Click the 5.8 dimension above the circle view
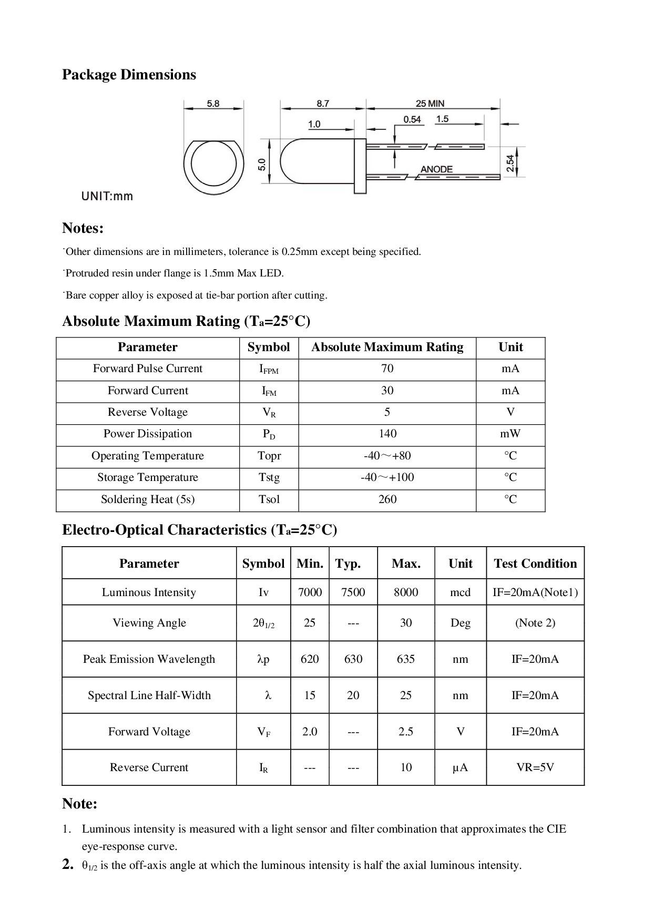(213, 104)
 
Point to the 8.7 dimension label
(323, 104)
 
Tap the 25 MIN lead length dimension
(430, 104)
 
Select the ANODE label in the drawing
(436, 169)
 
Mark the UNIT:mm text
(107, 197)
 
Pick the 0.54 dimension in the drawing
(412, 119)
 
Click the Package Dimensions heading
(129, 75)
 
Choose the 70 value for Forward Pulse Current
(387, 368)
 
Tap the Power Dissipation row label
(148, 434)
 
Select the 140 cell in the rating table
(387, 434)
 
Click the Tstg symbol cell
(269, 477)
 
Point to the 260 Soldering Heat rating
(387, 499)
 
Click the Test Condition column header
(535, 564)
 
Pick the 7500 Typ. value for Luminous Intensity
(353, 592)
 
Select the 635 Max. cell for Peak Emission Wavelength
(405, 659)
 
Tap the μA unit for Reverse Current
(460, 767)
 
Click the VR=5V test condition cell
(535, 767)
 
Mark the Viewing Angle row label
(149, 623)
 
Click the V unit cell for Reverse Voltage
(511, 412)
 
